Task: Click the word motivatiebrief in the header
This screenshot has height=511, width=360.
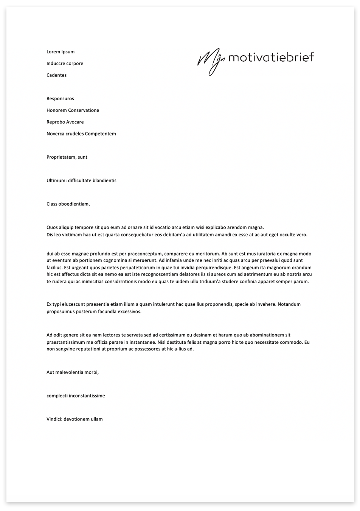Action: tap(271, 57)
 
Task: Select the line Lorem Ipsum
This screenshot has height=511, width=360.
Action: tap(61, 52)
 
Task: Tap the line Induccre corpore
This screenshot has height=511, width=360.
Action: tap(65, 64)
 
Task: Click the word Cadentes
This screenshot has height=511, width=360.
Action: tap(56, 75)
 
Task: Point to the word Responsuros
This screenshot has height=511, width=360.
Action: tap(60, 99)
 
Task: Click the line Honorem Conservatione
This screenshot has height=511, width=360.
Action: tap(73, 111)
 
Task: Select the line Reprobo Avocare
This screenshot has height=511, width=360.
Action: tap(65, 122)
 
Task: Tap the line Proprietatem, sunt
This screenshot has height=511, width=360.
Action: tap(67, 157)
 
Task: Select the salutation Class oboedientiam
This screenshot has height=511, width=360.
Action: tap(68, 204)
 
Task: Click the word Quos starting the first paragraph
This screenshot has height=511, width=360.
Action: tap(52, 227)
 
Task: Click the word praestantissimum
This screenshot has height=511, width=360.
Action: tap(67, 343)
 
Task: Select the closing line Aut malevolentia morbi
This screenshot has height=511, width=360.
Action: tap(73, 372)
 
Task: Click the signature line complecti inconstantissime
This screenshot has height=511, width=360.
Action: tap(76, 396)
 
